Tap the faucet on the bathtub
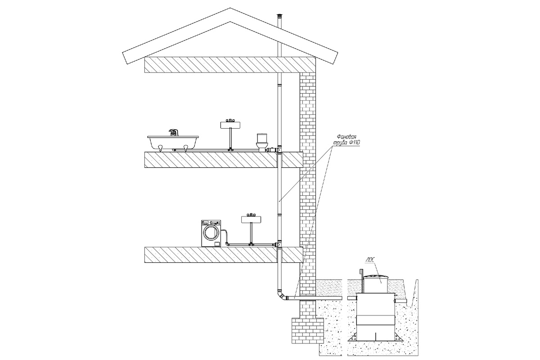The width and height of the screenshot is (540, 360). [x=173, y=132]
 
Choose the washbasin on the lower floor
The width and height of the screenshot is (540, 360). [x=251, y=219]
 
